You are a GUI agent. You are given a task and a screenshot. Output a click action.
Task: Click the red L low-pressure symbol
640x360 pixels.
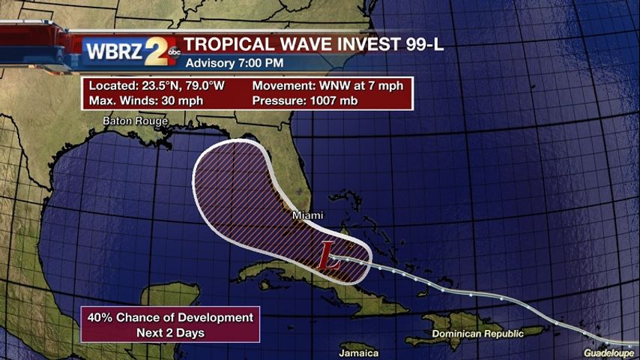[x=327, y=257]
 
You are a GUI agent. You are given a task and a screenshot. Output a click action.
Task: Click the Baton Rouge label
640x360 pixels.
[x=135, y=121]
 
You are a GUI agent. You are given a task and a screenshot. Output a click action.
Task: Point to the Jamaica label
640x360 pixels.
[x=358, y=352]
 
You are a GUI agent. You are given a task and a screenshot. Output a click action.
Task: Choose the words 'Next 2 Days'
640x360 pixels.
[x=169, y=331]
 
